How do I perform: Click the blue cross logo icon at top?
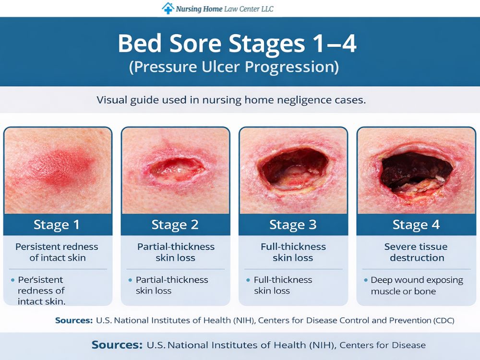pos(168,8)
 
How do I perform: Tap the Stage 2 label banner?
pos(175,225)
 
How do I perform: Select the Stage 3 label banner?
pos(293,225)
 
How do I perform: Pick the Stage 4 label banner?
pos(416,225)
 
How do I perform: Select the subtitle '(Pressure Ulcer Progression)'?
pos(234,66)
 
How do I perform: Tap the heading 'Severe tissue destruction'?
pos(416,252)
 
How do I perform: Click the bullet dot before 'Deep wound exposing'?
pos(366,280)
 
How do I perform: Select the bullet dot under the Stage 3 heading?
pos(248,280)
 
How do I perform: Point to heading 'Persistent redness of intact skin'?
pos(57,252)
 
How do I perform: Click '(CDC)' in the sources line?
pos(442,320)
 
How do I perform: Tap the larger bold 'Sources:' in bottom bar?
pos(117,345)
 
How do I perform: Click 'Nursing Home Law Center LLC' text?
pos(225,9)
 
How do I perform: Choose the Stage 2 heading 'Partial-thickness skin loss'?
pos(175,252)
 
